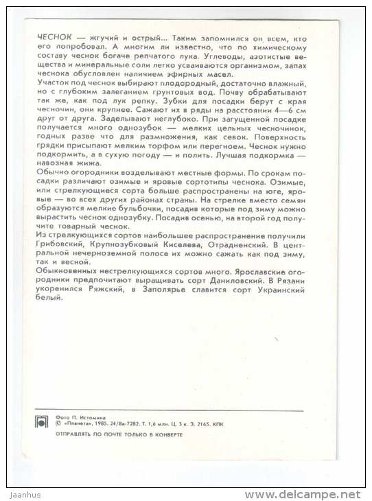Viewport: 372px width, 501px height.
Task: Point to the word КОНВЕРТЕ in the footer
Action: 165,435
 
